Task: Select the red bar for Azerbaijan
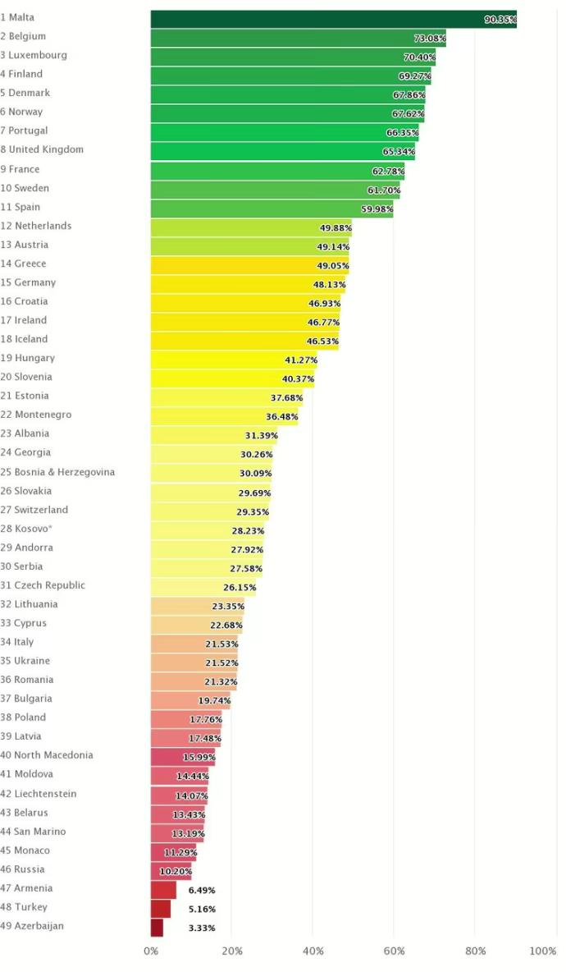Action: [157, 928]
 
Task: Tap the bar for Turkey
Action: [161, 909]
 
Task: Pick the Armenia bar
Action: [163, 890]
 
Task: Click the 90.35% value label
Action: [500, 20]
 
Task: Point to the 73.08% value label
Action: [430, 39]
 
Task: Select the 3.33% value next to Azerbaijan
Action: [202, 928]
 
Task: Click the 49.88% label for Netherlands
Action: [335, 228]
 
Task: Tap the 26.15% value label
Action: [240, 588]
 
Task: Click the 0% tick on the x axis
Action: [151, 951]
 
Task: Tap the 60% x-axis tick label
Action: [394, 951]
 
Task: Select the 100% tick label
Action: [543, 951]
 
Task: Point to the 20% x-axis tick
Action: [232, 951]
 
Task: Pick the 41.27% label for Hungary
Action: [300, 360]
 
